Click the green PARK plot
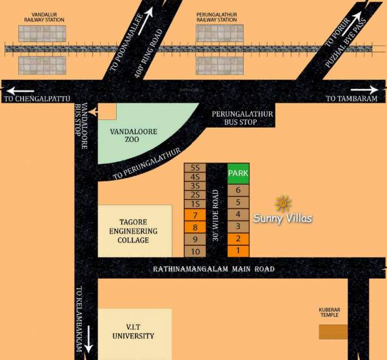pyautogui.click(x=238, y=174)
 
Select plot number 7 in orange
pyautogui.click(x=195, y=215)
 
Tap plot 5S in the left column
pyautogui.click(x=195, y=167)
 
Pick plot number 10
pyautogui.click(x=195, y=251)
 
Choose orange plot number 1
pyautogui.click(x=238, y=250)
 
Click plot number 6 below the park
pyautogui.click(x=238, y=190)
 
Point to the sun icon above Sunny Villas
pyautogui.click(x=283, y=204)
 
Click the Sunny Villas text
pyautogui.click(x=283, y=219)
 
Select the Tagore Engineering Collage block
pyautogui.click(x=134, y=231)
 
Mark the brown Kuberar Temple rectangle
pyautogui.click(x=333, y=332)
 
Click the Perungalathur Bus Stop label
pyautogui.click(x=243, y=117)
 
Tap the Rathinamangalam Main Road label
pyautogui.click(x=213, y=269)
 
